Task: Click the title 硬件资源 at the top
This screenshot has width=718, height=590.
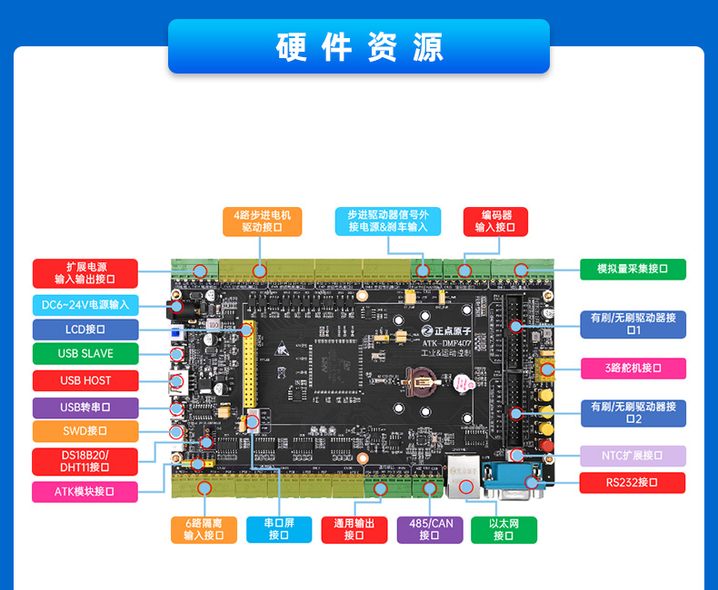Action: click(359, 46)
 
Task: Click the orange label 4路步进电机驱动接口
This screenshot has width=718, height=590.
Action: click(262, 221)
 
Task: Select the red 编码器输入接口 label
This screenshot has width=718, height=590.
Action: click(495, 221)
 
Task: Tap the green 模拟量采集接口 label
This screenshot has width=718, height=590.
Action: click(633, 269)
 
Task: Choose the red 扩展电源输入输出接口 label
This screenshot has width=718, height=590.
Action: click(85, 273)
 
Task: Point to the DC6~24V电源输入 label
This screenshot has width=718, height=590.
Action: click(85, 305)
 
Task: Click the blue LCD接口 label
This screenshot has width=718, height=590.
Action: click(85, 329)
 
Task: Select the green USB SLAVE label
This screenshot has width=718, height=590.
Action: click(85, 353)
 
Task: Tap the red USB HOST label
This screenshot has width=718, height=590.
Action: click(85, 380)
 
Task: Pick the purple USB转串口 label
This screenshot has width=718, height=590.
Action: click(85, 408)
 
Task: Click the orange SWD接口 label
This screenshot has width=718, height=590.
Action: click(85, 431)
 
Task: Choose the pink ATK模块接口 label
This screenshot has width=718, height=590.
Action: click(85, 492)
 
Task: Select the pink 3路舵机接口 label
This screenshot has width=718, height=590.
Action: click(633, 368)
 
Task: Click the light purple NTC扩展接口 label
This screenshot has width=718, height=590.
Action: click(633, 456)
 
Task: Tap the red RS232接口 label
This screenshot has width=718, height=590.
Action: click(633, 482)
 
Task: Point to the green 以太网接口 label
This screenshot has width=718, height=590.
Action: click(504, 530)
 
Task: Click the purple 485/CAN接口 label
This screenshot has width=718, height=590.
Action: click(429, 530)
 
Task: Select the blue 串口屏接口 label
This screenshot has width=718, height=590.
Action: click(279, 530)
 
